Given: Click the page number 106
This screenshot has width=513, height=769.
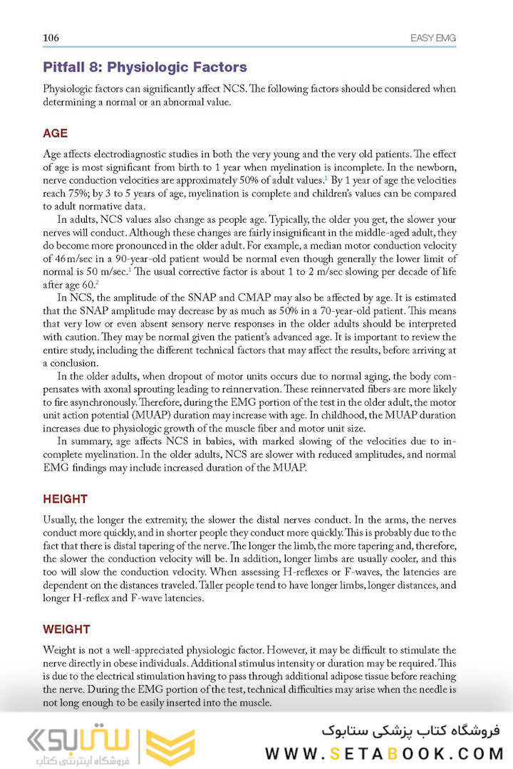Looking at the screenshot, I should tap(51, 38).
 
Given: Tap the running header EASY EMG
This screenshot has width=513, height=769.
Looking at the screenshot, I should tap(433, 38).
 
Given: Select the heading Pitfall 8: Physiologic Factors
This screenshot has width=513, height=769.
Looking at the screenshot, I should tap(145, 68).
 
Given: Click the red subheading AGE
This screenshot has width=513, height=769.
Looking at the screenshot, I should tap(56, 133).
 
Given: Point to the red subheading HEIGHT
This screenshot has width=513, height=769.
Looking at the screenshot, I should tap(65, 499).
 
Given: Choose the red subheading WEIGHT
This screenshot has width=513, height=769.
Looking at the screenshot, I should tap(66, 629).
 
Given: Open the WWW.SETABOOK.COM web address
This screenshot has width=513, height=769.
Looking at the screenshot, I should tap(384, 753).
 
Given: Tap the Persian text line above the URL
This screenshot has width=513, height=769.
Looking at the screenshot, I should tap(411, 729).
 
